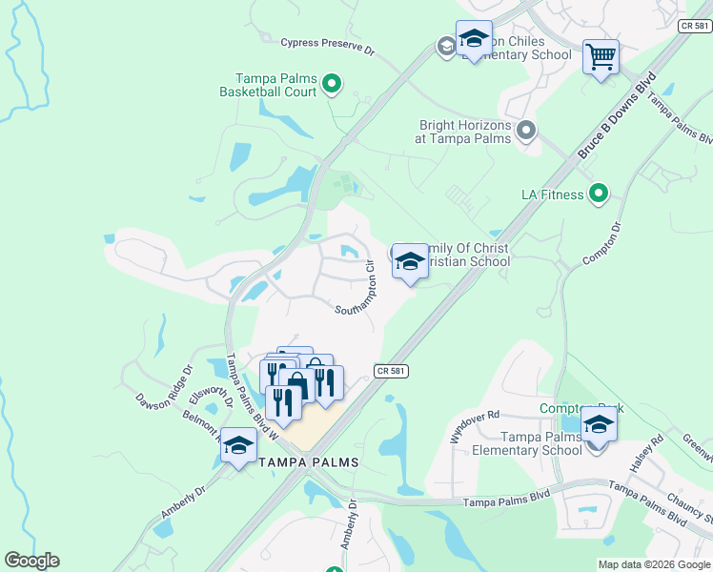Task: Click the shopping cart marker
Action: (601, 56)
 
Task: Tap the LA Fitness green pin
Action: (599, 194)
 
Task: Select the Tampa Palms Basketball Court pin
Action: (332, 85)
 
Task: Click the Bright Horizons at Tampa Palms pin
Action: (526, 130)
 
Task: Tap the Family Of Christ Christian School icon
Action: (410, 260)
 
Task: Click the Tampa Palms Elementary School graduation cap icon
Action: (599, 424)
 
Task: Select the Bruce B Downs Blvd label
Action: (618, 115)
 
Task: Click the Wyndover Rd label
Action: (474, 427)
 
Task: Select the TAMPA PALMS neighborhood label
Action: (309, 462)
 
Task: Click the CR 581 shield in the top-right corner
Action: (695, 27)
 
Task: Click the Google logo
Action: (31, 561)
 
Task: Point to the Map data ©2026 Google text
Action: (653, 564)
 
